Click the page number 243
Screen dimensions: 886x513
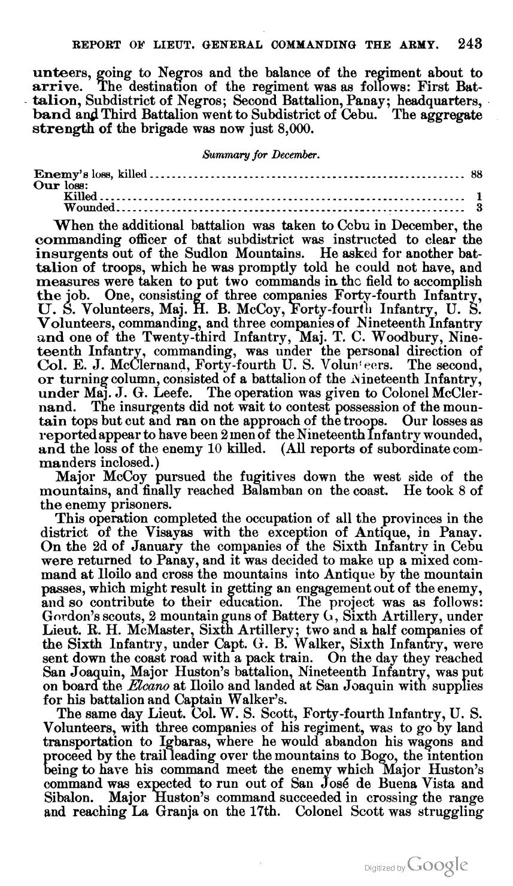coord(469,44)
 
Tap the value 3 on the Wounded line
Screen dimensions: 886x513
coord(479,208)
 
